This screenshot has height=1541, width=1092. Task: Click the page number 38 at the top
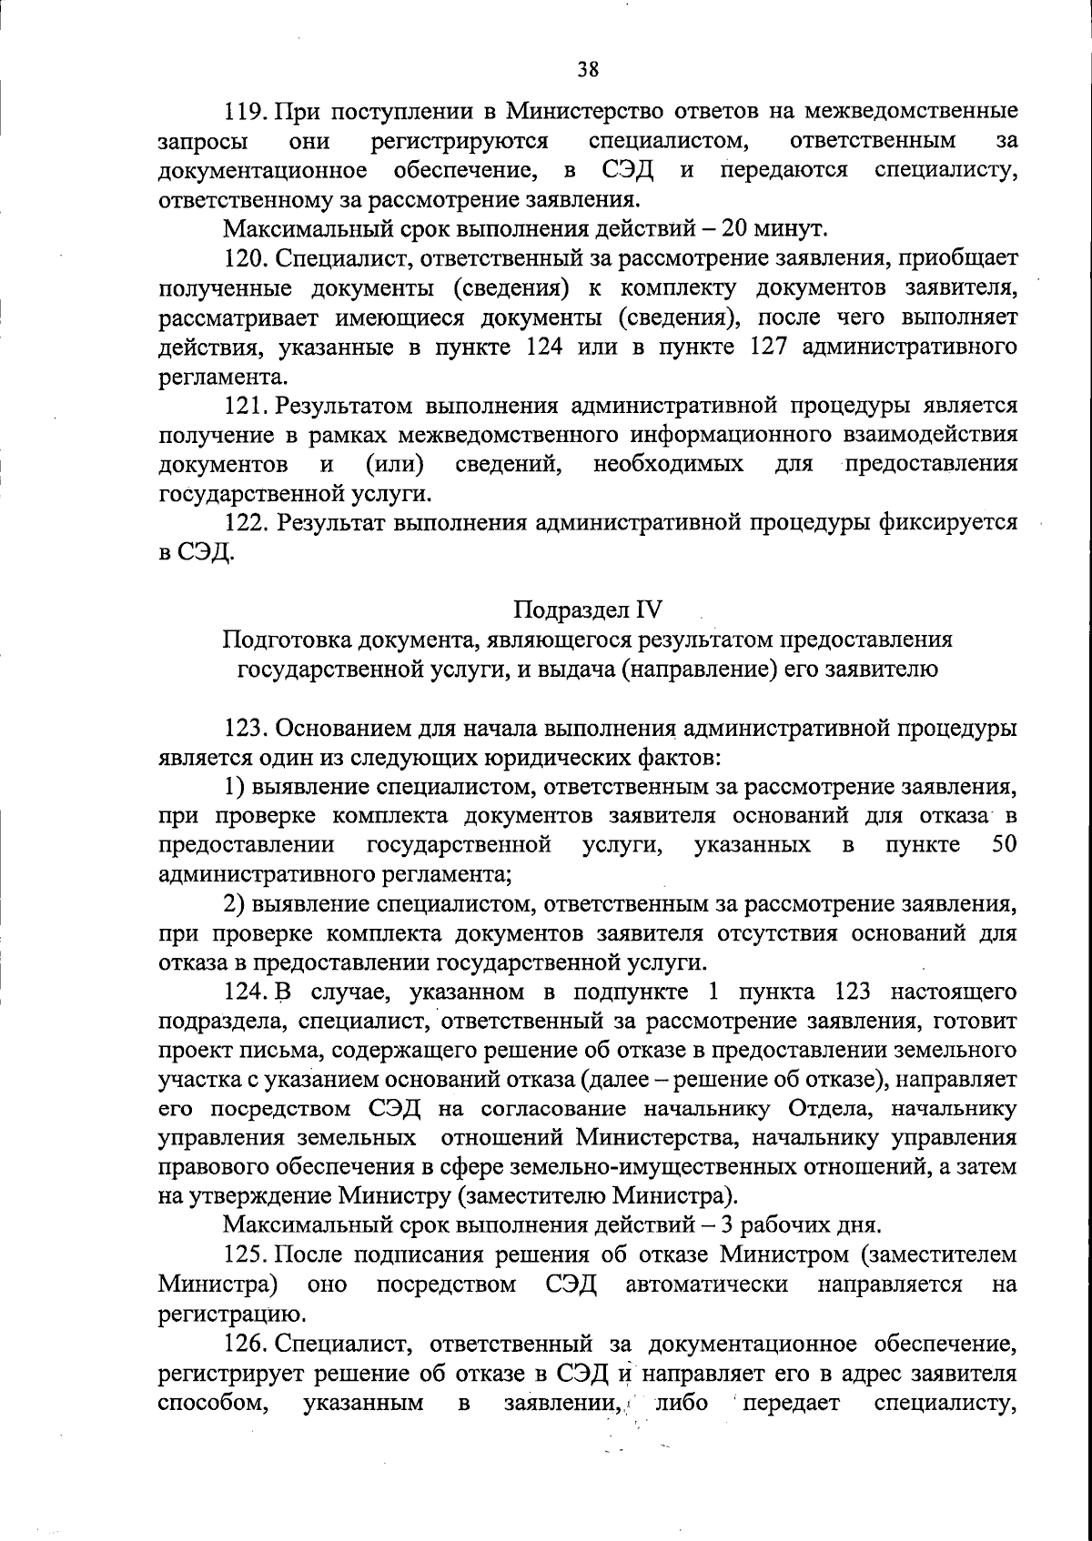[x=587, y=68]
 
